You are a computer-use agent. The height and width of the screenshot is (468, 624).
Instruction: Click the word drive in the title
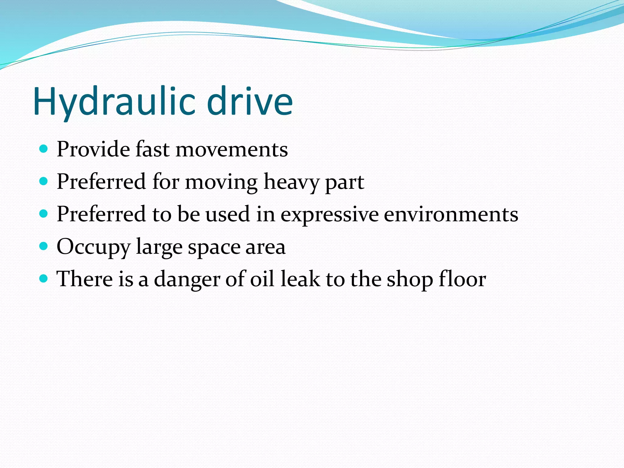(250, 102)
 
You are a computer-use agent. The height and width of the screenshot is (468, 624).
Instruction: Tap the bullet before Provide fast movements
(44, 149)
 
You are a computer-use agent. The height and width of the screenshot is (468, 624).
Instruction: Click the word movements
(232, 150)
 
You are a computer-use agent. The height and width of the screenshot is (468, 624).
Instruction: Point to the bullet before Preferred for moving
(44, 182)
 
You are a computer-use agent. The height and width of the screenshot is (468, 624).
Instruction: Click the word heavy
(291, 182)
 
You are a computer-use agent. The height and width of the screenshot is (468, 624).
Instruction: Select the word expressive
(329, 214)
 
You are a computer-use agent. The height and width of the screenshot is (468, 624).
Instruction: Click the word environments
(451, 214)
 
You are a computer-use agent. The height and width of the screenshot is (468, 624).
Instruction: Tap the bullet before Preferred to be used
(44, 214)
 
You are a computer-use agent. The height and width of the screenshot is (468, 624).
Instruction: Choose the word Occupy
(94, 247)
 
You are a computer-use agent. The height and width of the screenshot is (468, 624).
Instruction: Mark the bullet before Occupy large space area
(44, 246)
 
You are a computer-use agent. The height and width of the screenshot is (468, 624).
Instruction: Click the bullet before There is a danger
(44, 278)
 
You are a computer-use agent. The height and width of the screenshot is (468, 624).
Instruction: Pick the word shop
(409, 279)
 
